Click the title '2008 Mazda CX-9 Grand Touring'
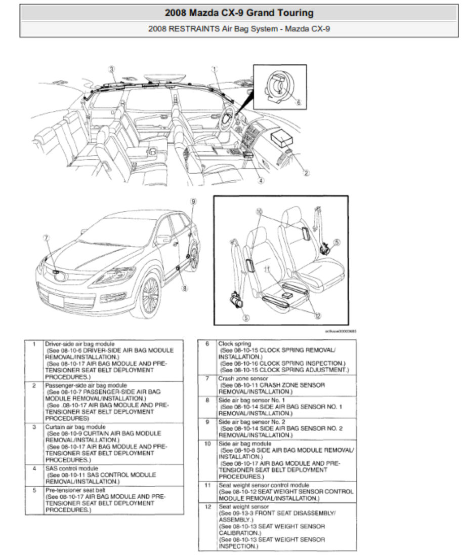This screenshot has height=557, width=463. [239, 13]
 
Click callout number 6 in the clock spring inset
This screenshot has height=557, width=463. [298, 102]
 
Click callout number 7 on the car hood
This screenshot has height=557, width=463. [46, 237]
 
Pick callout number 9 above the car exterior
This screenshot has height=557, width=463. [193, 201]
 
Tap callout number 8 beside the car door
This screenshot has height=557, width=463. [185, 288]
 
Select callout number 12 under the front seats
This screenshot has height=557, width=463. [318, 315]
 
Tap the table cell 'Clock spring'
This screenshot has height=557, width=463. [234, 344]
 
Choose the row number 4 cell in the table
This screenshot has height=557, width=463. [34, 469]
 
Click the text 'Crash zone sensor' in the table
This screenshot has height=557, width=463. [243, 378]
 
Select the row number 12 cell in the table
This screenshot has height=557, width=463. [207, 506]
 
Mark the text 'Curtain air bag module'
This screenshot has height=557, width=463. [75, 427]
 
